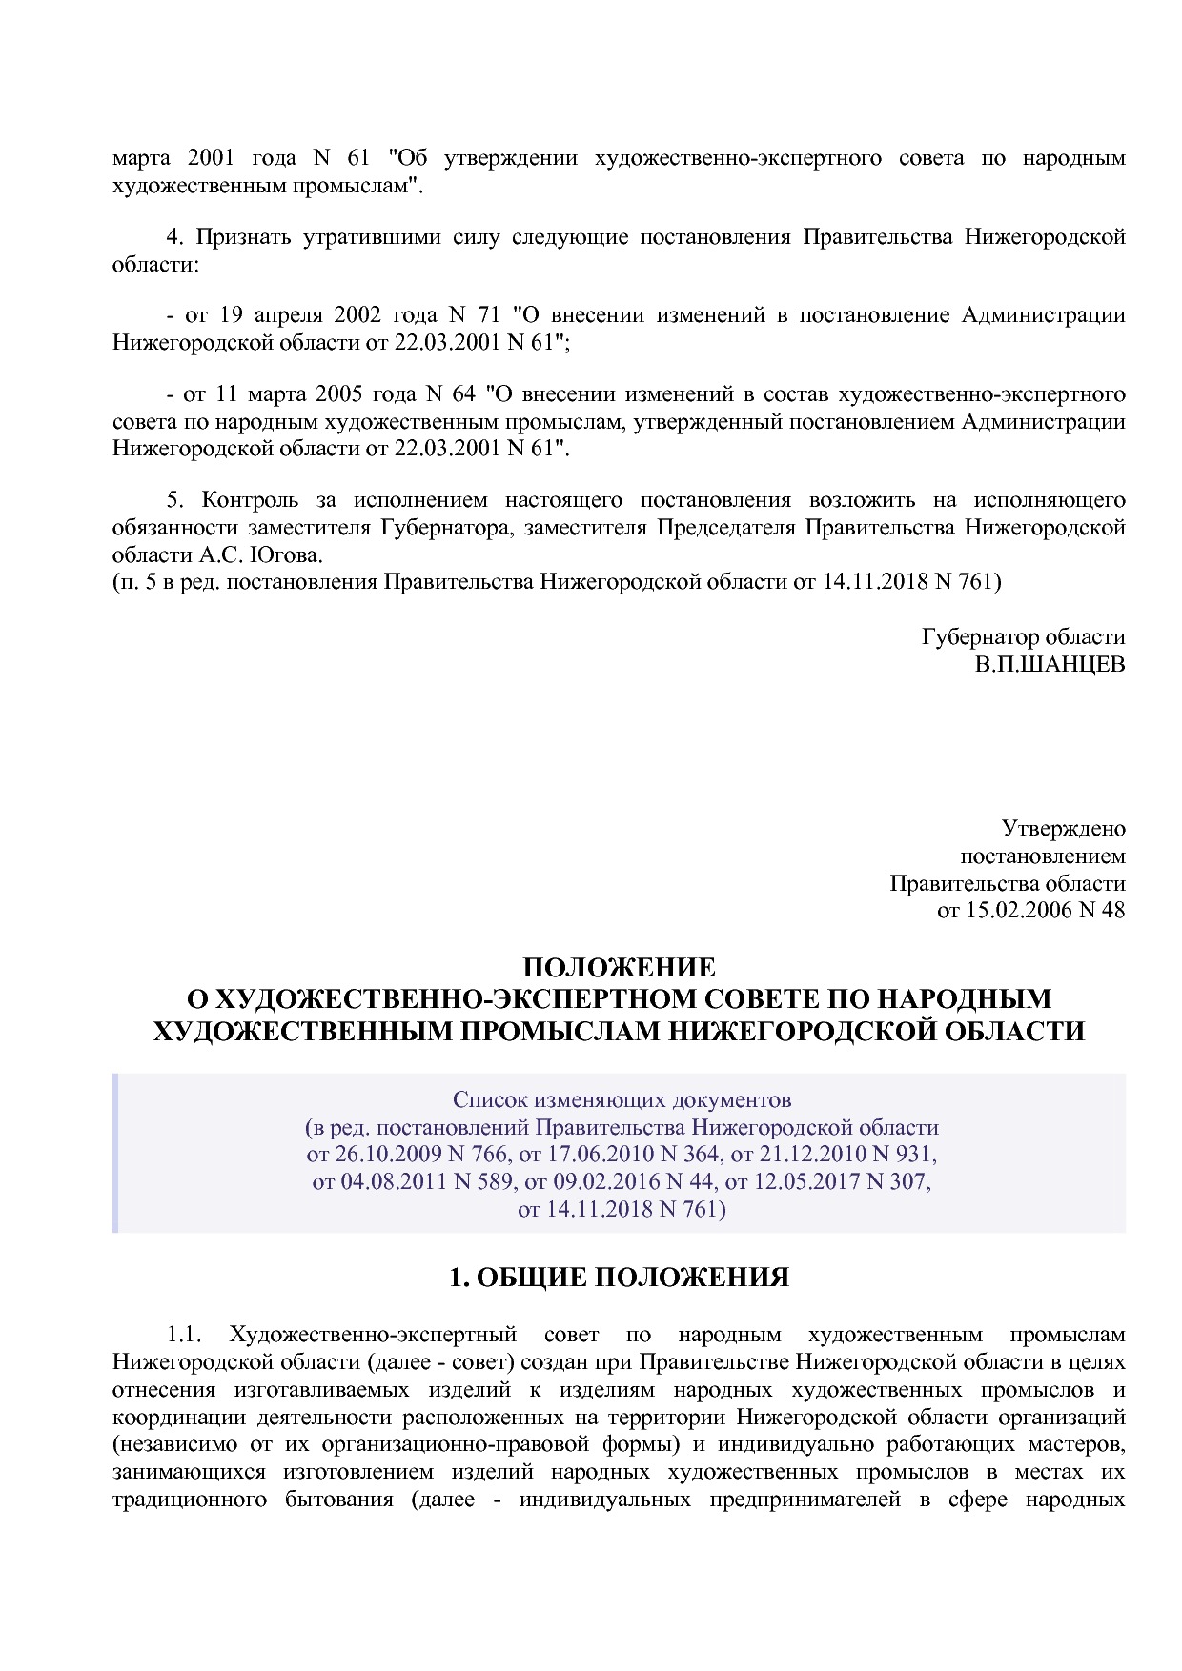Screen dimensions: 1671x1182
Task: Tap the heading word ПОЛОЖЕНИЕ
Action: pyautogui.click(x=620, y=968)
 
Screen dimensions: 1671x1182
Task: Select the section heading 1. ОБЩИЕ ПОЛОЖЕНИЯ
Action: pyautogui.click(x=620, y=1277)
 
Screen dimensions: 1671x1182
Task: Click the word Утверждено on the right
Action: pyautogui.click(x=1063, y=829)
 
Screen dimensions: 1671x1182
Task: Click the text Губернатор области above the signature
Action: pyautogui.click(x=1023, y=637)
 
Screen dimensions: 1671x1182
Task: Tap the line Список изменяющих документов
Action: pyautogui.click(x=622, y=1100)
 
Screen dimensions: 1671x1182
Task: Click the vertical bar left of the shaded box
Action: pyautogui.click(x=115, y=1154)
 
